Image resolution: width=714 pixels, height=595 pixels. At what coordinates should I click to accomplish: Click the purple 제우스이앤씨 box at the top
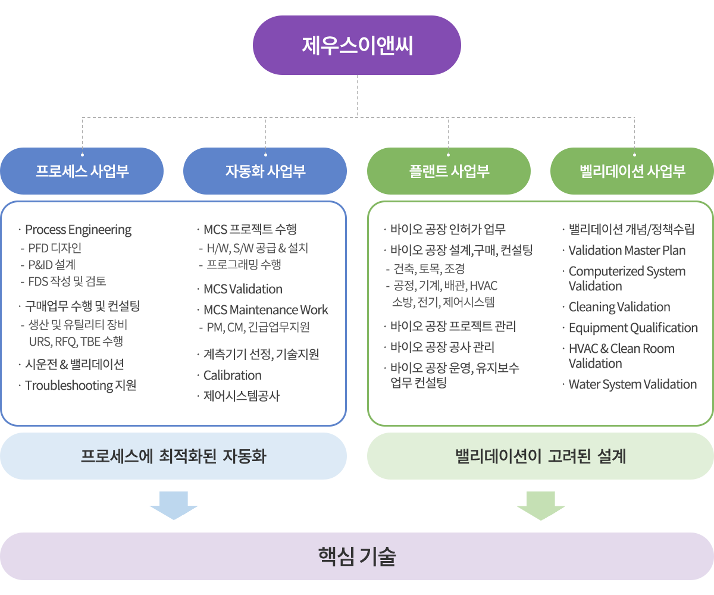pyautogui.click(x=357, y=45)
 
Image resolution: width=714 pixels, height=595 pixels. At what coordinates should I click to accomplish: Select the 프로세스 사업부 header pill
pyautogui.click(x=82, y=171)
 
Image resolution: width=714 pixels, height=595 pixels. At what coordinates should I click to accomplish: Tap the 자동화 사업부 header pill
pyautogui.click(x=265, y=171)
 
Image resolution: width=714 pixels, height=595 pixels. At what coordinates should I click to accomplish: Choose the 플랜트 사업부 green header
pyautogui.click(x=449, y=171)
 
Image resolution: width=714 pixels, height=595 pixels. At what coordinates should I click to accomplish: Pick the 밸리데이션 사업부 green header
pyautogui.click(x=632, y=171)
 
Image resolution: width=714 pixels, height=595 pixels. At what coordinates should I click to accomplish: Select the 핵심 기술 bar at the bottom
pyautogui.click(x=357, y=556)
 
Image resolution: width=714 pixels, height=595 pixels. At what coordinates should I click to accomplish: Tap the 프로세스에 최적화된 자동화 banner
pyautogui.click(x=173, y=456)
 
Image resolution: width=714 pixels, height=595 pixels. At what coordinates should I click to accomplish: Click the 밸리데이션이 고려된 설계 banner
pyautogui.click(x=540, y=456)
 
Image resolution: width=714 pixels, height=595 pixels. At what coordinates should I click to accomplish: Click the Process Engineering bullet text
pyautogui.click(x=78, y=230)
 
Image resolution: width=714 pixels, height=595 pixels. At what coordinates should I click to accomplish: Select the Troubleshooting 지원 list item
pyautogui.click(x=80, y=386)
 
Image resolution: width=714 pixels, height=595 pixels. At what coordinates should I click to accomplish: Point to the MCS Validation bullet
pyautogui.click(x=243, y=289)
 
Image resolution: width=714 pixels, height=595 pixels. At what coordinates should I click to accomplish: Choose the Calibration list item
pyautogui.click(x=232, y=375)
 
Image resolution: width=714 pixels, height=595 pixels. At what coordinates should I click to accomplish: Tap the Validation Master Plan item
pyautogui.click(x=627, y=250)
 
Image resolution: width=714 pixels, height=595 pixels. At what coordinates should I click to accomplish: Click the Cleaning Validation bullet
pyautogui.click(x=619, y=307)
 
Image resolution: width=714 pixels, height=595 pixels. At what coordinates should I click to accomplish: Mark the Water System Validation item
pyautogui.click(x=632, y=384)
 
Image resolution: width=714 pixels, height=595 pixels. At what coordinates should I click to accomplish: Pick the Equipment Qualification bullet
pyautogui.click(x=632, y=328)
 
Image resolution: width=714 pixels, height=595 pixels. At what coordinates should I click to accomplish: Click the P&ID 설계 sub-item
pyautogui.click(x=52, y=265)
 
